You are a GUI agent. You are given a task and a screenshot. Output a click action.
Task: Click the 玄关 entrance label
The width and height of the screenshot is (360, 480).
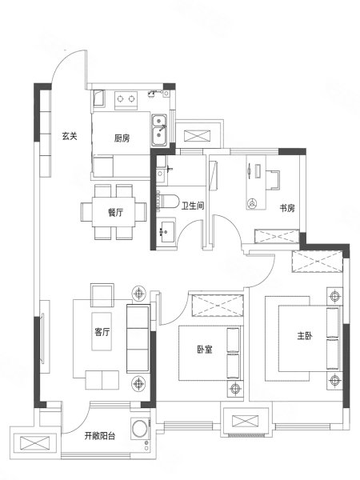70,136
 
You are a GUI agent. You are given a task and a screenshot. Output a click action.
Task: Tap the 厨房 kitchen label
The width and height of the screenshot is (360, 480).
122,138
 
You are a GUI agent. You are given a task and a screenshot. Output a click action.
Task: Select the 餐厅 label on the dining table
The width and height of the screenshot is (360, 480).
115,212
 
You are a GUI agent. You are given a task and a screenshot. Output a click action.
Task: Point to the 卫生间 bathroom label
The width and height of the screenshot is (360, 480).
193,206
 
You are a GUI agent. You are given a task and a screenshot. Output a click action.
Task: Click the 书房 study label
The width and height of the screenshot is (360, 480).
287,208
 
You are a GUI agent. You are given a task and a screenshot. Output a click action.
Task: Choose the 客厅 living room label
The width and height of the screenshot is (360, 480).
102,332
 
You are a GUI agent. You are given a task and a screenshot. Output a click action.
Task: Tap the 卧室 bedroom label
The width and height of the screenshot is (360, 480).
205,350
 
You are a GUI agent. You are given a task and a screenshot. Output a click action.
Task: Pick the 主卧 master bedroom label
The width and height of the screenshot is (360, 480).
305,336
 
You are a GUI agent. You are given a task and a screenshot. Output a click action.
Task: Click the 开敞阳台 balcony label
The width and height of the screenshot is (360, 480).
100,436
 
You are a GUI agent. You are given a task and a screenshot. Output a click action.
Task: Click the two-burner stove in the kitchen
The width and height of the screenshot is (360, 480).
126,99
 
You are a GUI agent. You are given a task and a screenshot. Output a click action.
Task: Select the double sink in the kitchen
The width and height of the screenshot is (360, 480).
159,130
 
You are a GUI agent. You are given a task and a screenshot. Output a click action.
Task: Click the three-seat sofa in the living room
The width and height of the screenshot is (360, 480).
138,338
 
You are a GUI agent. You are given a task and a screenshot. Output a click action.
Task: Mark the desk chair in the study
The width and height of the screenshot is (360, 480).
273,180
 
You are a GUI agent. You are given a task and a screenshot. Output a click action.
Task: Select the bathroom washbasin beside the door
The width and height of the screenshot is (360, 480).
167,231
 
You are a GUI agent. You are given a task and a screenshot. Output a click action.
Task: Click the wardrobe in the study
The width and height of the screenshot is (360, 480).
277,236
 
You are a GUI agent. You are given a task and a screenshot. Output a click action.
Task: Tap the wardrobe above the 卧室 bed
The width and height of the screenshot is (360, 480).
217,306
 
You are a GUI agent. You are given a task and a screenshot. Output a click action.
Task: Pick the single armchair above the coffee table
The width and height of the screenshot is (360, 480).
102,295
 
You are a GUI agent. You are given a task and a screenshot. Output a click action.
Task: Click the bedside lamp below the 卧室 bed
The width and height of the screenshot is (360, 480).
235,389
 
